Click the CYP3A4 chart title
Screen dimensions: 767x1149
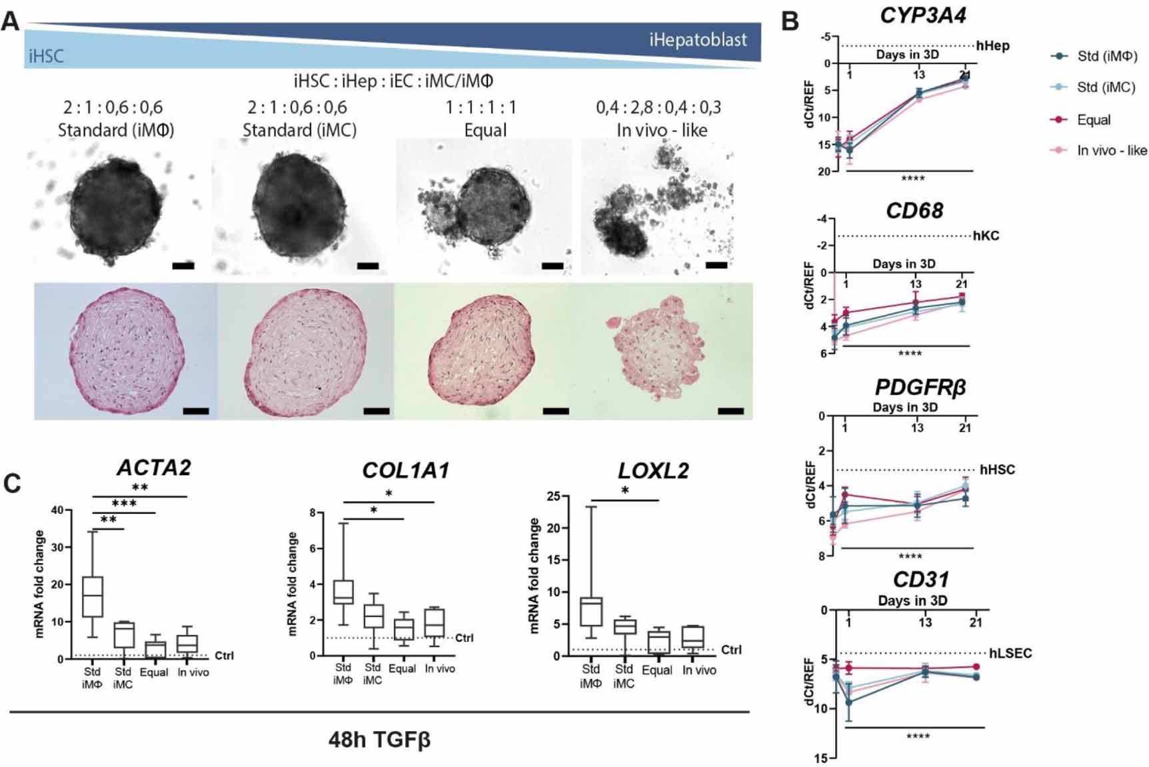922,15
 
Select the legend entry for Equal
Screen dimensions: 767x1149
1093,120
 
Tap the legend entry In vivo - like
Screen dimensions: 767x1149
1111,151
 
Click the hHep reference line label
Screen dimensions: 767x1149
992,46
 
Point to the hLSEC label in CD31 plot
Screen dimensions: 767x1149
1010,653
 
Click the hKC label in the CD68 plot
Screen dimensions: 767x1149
986,236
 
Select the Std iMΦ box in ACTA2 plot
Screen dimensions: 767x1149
92,596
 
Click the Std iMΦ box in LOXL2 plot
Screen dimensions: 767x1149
591,612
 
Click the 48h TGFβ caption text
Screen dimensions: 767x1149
379,740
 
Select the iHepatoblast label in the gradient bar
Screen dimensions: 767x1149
698,40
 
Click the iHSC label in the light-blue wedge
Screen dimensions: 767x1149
46,56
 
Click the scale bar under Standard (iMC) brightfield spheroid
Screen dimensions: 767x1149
367,266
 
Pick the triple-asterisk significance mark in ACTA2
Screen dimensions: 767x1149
124,504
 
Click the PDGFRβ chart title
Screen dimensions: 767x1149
920,387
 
